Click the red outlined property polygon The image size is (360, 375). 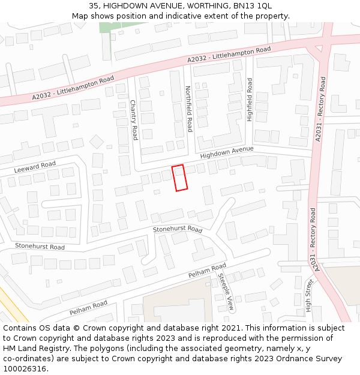pos(179,178)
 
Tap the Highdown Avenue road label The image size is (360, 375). pos(227,152)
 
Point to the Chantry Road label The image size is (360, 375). pos(134,120)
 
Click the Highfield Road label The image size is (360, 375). pos(250,100)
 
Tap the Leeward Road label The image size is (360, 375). pos(35,167)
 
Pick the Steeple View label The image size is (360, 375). pos(226,292)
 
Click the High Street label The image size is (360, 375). pos(309,296)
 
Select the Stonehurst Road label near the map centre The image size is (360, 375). pos(178,229)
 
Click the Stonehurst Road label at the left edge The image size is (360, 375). pos(40,247)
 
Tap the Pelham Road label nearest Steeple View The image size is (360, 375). pos(207,271)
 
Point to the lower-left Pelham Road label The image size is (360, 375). pos(88,308)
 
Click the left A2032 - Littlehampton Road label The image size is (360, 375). pos(73,88)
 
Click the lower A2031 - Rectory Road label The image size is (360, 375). pos(313,237)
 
